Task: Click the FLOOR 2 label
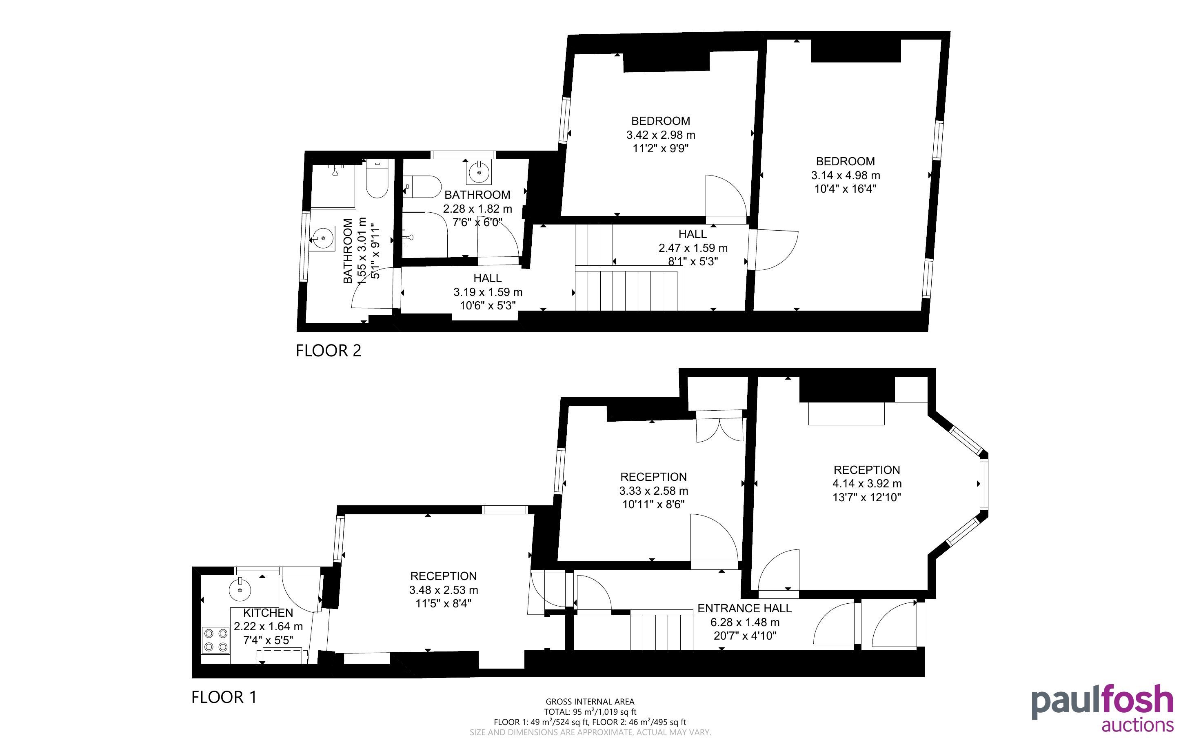(x=328, y=351)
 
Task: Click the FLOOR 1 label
(x=224, y=697)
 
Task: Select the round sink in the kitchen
(x=240, y=589)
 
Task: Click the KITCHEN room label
(x=268, y=613)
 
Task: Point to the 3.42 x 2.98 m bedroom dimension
(x=661, y=135)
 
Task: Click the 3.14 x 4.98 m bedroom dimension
(x=846, y=175)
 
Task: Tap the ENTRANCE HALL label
(x=744, y=608)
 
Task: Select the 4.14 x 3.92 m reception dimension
(x=867, y=484)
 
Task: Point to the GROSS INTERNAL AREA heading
(x=590, y=702)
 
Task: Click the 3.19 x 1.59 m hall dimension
(x=488, y=292)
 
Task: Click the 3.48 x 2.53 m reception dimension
(x=444, y=590)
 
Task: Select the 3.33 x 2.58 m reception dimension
(x=654, y=491)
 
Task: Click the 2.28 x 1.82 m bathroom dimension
(x=477, y=209)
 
